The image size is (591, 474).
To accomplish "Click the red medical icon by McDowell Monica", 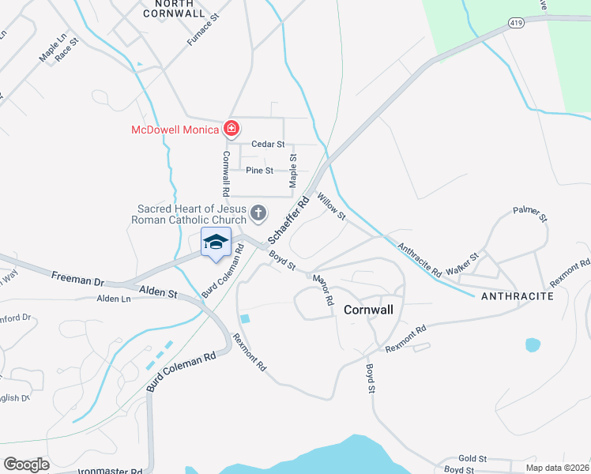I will click(x=232, y=128).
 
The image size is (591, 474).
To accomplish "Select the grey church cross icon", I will click(x=258, y=213).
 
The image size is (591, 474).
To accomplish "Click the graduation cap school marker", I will click(x=216, y=242).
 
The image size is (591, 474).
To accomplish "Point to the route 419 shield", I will click(x=516, y=24).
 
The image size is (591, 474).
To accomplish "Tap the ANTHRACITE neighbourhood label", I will click(x=516, y=295).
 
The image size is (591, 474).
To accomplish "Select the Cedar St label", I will click(x=267, y=145).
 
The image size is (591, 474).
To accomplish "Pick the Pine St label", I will click(x=259, y=170).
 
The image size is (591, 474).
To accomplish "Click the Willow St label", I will click(x=332, y=205).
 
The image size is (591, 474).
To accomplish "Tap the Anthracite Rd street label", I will click(x=420, y=259).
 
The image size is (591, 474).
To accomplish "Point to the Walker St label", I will click(x=462, y=264).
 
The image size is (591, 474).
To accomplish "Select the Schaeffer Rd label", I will click(x=287, y=220).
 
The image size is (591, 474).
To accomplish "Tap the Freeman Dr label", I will click(x=77, y=279).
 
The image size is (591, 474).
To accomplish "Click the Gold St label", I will click(x=473, y=458).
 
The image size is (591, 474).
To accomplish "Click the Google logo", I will click(x=26, y=465).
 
